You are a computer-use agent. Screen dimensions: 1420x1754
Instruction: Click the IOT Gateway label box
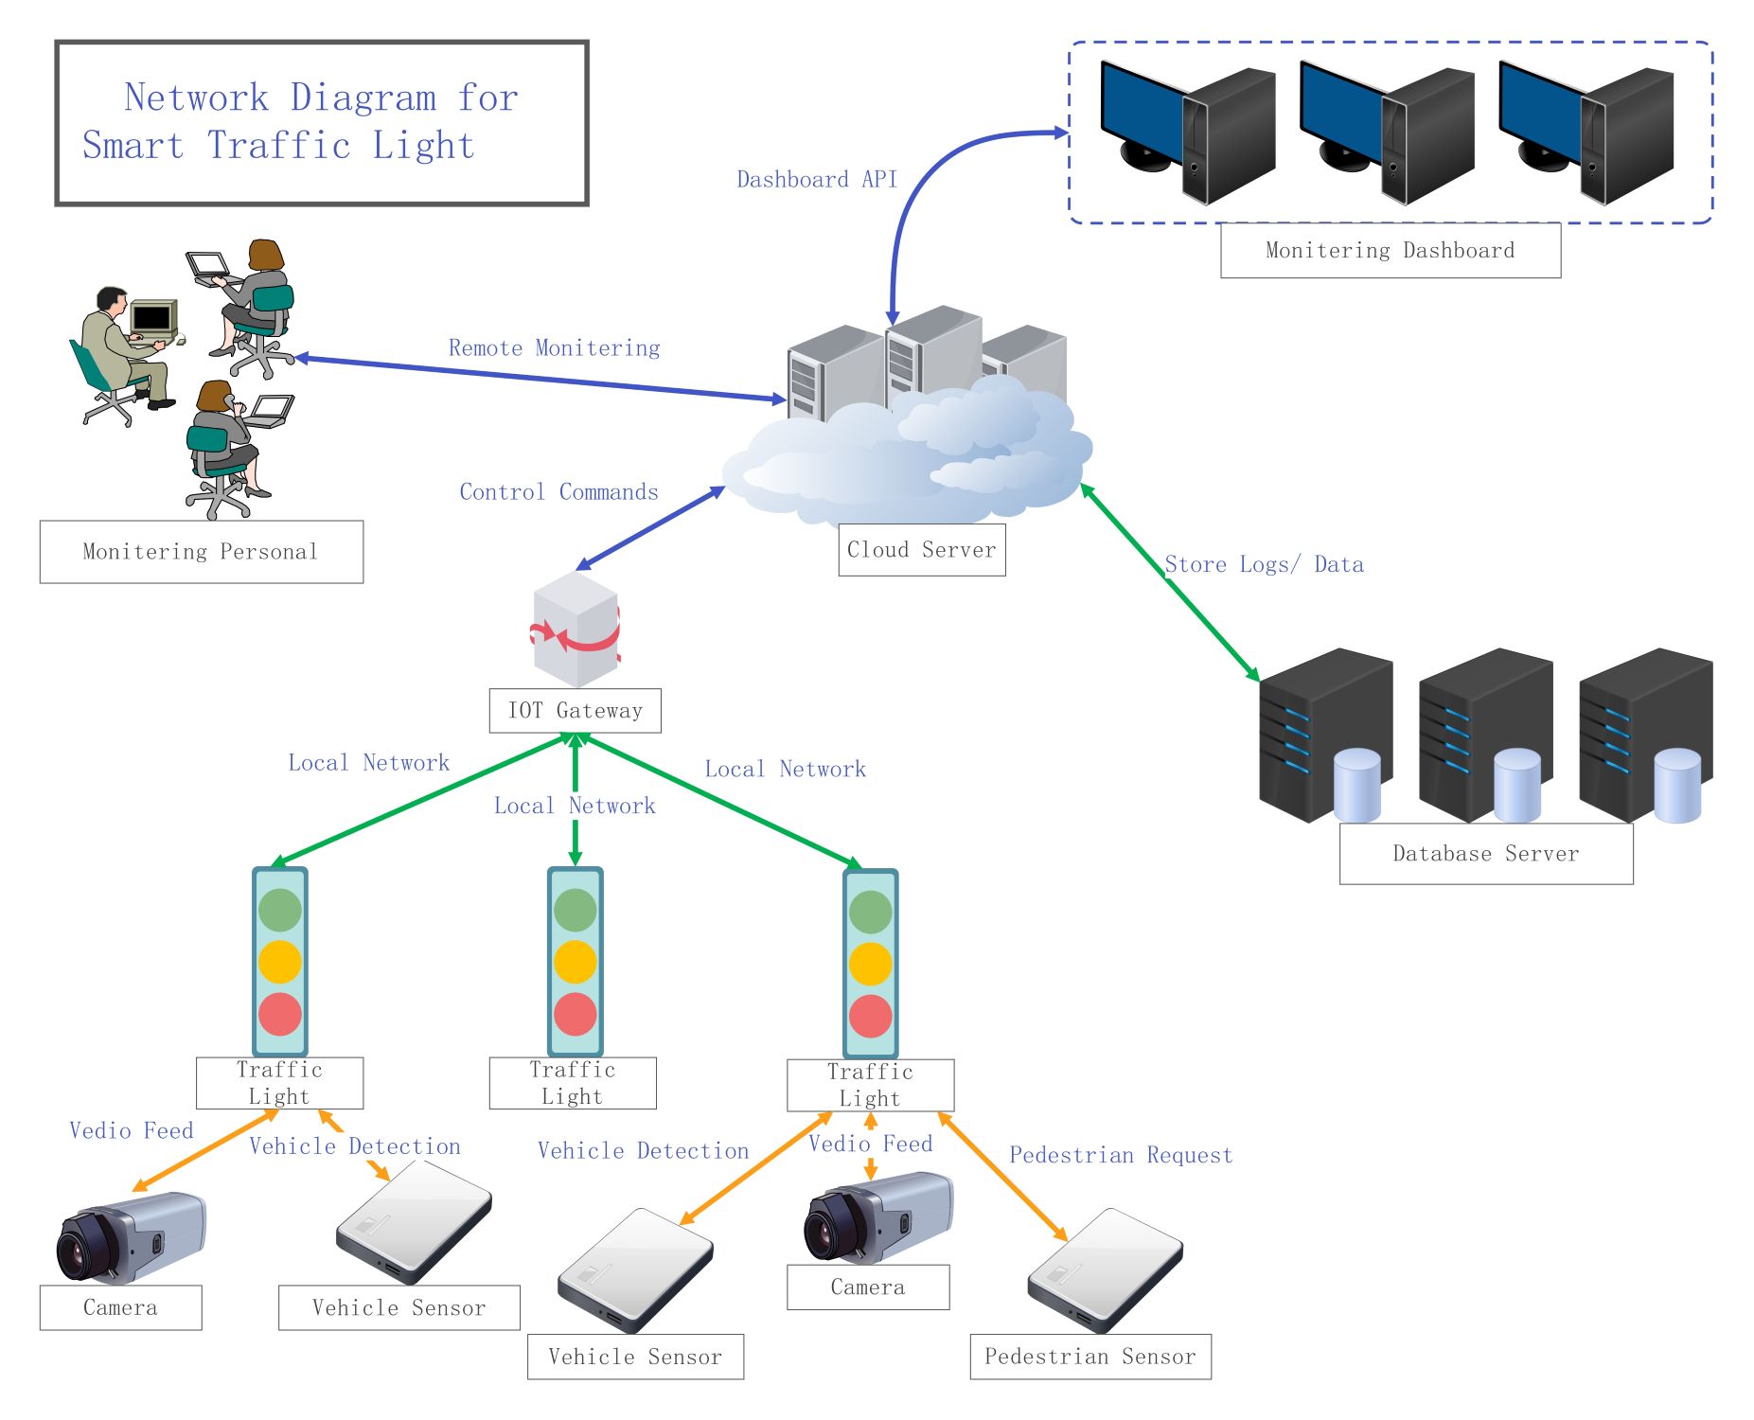pos(575,711)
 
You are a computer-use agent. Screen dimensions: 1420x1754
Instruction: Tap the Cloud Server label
pos(921,550)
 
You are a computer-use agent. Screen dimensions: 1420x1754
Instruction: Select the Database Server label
pos(1485,854)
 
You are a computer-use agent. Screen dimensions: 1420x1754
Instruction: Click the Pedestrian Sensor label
pos(1090,1357)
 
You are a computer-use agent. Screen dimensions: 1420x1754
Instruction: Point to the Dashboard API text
pos(817,180)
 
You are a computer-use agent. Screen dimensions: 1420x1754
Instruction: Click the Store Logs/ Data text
pos(1264,565)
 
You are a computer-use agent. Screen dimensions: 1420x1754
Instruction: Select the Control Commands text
pos(558,492)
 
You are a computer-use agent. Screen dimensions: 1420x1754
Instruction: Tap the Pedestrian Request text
pos(1121,1156)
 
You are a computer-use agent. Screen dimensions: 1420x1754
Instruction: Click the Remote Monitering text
pos(554,348)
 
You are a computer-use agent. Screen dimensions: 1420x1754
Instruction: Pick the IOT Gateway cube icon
pos(576,629)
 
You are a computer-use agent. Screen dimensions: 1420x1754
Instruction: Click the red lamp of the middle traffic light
pos(575,1014)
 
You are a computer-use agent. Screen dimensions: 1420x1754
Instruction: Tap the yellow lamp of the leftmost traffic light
pos(280,962)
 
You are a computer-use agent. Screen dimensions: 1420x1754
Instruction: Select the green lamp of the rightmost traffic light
pos(870,913)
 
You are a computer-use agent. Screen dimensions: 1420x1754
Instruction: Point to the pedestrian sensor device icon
pos(1105,1269)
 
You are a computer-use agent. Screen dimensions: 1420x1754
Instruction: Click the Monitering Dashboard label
pos(1390,251)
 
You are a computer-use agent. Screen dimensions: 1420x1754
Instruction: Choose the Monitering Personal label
pos(201,552)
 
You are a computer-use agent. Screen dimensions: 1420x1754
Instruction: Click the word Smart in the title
pos(133,146)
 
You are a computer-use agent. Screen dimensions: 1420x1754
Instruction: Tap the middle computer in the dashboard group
pos(1386,133)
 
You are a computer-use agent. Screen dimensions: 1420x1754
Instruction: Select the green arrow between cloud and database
pos(1170,582)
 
